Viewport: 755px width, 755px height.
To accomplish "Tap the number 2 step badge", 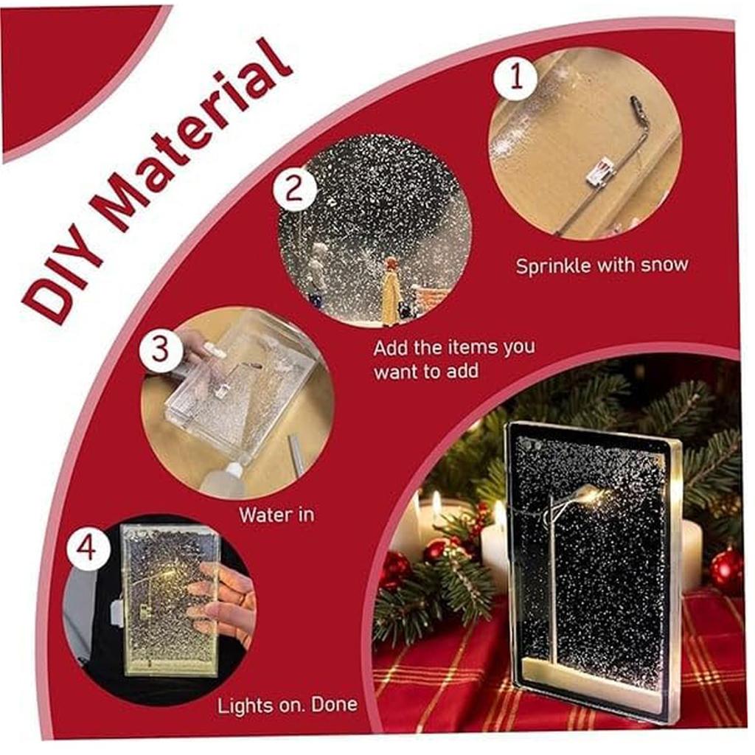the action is click(294, 189).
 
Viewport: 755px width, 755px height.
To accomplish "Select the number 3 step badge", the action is click(161, 349).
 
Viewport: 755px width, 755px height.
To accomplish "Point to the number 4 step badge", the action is click(88, 549).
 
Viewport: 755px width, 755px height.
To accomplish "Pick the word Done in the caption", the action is click(334, 704).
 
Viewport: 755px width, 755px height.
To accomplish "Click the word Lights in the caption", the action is click(242, 706).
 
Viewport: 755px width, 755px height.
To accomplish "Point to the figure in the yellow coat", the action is click(391, 290).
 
